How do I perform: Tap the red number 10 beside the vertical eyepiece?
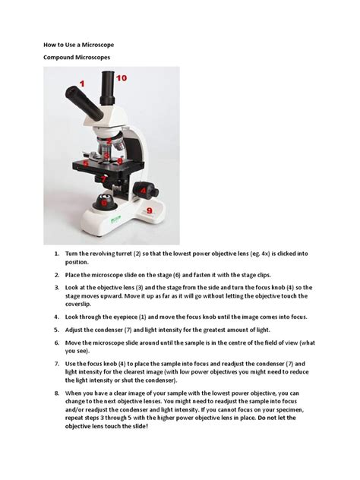pos(122,77)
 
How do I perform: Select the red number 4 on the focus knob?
pos(141,188)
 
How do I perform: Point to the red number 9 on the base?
pos(150,210)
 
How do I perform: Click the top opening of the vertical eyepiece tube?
pos(106,74)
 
